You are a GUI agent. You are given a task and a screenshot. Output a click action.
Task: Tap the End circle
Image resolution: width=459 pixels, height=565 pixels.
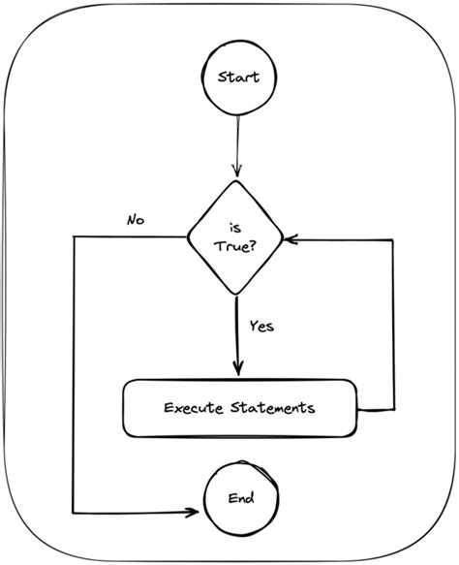point(240,499)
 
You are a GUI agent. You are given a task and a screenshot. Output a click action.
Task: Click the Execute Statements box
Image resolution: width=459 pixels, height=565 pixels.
point(239,408)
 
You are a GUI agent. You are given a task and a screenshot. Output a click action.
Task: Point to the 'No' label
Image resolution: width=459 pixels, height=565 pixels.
point(136,219)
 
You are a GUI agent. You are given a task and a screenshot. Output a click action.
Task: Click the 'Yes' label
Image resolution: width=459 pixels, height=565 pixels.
point(261,326)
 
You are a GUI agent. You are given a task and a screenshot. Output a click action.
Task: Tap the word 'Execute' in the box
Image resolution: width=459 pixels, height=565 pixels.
point(190,408)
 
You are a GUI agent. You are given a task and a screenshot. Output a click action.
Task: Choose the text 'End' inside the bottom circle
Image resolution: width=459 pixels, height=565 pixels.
point(240,499)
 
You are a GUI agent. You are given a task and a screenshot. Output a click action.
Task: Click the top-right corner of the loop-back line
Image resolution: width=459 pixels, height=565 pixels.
point(393,235)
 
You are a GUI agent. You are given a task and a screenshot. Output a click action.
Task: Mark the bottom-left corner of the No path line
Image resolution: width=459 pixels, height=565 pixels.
point(74,512)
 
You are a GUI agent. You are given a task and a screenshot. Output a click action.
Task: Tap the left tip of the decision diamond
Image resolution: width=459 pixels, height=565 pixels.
point(186,235)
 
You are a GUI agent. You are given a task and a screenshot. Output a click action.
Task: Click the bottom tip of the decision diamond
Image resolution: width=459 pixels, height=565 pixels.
point(235,292)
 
